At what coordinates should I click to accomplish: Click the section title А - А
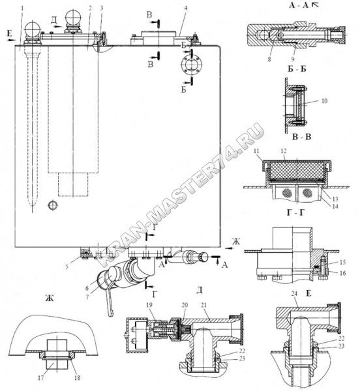299,5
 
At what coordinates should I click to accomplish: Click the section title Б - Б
297,68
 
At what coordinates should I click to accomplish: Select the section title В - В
301,137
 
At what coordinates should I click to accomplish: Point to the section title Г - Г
296,212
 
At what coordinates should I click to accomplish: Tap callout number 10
325,101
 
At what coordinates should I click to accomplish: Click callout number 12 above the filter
284,151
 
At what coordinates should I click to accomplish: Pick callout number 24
294,294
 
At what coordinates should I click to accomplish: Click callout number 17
40,378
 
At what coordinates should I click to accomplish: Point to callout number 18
78,378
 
